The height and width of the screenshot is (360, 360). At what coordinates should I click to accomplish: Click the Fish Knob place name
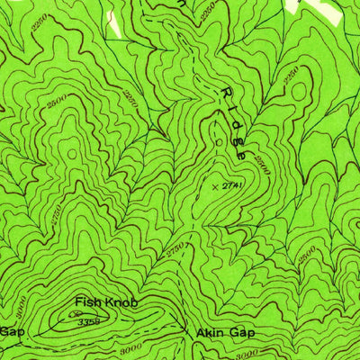coord(106,302)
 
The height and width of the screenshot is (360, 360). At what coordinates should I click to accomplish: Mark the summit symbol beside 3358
coord(71,315)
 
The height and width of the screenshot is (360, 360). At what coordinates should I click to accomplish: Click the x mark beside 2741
coord(214,185)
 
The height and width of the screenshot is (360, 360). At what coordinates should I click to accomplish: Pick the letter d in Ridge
coord(234,124)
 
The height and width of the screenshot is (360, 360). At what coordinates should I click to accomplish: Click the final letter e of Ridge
coord(241,154)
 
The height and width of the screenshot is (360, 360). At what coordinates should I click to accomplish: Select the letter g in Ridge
coord(238,139)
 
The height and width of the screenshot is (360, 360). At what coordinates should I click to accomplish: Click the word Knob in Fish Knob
coord(121,302)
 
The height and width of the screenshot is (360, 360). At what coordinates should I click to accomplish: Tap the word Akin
coord(210,333)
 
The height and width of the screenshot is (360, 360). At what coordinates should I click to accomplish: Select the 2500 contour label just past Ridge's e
coord(262,166)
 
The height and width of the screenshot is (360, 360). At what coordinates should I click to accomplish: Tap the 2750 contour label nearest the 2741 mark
coord(174,245)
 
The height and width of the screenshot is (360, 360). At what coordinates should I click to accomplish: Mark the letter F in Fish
coord(79,302)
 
